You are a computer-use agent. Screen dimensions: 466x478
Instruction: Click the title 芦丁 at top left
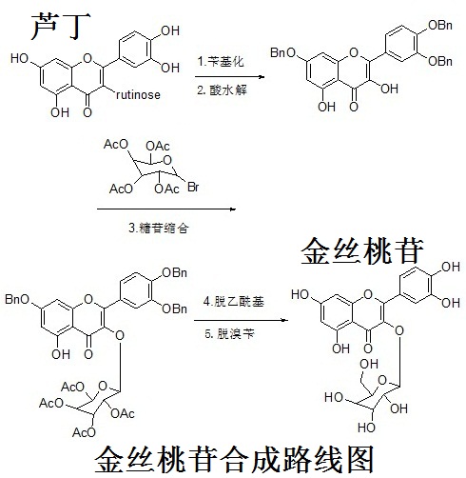pyautogui.click(x=60, y=27)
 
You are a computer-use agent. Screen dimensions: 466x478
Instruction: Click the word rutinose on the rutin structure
pyautogui.click(x=138, y=94)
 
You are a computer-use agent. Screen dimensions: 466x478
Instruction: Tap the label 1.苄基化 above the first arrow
pyautogui.click(x=221, y=61)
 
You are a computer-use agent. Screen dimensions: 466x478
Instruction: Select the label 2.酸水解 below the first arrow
pyautogui.click(x=222, y=90)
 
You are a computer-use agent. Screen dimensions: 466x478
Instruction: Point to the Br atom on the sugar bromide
pyautogui.click(x=193, y=187)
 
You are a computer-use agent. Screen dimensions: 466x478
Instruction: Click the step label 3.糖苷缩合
pyautogui.click(x=159, y=228)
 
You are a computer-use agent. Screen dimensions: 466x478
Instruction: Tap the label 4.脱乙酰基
pyautogui.click(x=234, y=301)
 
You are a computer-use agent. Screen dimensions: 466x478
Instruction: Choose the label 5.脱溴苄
pyautogui.click(x=229, y=333)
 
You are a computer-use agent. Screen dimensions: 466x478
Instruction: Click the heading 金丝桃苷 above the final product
pyautogui.click(x=362, y=251)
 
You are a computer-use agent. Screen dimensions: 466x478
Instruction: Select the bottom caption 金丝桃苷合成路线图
pyautogui.click(x=234, y=460)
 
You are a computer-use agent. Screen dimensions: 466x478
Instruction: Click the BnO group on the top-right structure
pyautogui.click(x=283, y=52)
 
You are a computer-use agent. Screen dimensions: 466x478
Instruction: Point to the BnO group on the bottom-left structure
pyautogui.click(x=17, y=299)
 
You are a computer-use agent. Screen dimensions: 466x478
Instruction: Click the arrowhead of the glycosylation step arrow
pyautogui.click(x=233, y=209)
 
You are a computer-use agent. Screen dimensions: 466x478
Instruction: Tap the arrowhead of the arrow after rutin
pyautogui.click(x=262, y=76)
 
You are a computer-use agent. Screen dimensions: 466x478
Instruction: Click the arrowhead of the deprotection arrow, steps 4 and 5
pyautogui.click(x=285, y=320)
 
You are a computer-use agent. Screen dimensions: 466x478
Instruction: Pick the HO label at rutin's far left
pyautogui.click(x=19, y=58)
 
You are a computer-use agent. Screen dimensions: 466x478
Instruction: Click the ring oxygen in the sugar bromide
pyautogui.click(x=167, y=160)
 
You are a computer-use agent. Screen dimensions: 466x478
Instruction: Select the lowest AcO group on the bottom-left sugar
pyautogui.click(x=84, y=432)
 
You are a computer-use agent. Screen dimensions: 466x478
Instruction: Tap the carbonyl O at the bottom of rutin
pyautogui.click(x=87, y=112)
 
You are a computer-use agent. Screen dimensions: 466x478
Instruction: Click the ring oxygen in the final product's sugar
pyautogui.click(x=383, y=380)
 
